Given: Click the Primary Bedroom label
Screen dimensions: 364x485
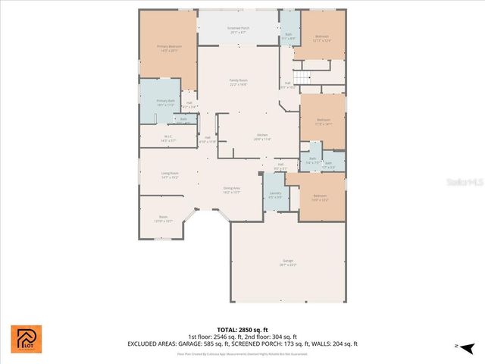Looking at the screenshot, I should point(167,49).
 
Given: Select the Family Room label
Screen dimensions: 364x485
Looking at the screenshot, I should point(239,82).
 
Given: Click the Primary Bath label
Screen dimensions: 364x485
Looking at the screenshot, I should point(166,102).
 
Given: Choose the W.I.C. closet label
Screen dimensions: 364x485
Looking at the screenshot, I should point(167,139).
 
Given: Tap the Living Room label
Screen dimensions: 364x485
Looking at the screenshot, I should point(169,175).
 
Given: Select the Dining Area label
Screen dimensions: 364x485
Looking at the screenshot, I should point(232,190).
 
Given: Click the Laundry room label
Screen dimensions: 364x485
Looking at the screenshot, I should point(274,195).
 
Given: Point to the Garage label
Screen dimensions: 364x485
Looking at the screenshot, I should point(288,262).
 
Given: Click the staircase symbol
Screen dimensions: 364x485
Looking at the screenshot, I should point(302,78).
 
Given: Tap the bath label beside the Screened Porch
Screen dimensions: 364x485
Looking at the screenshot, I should point(289,36).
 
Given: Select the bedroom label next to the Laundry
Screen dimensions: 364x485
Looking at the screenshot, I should point(320,197).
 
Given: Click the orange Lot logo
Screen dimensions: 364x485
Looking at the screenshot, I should point(27,339).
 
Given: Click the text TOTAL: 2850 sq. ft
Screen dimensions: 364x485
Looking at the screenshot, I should point(242,330).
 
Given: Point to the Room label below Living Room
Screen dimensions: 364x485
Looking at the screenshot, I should point(163,218).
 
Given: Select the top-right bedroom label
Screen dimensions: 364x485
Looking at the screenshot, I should point(322,38).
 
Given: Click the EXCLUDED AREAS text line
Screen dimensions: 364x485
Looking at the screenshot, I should point(242,344).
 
